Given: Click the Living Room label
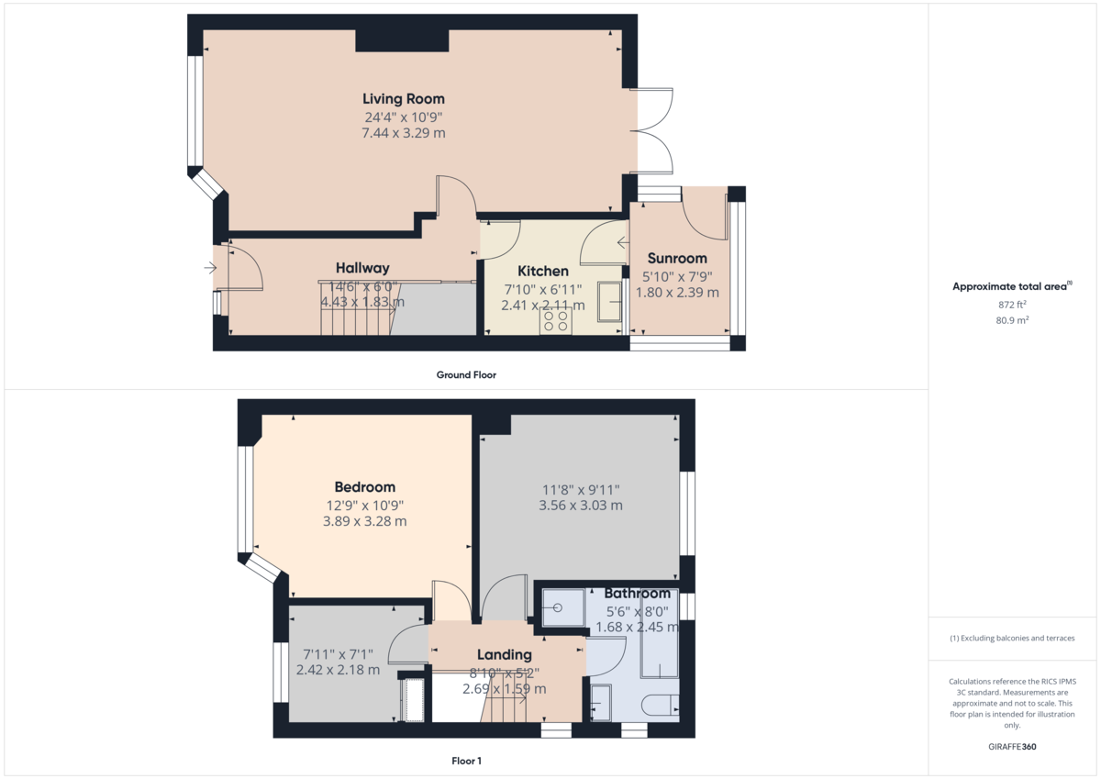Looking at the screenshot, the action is coord(404,99).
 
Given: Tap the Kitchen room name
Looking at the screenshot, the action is coord(543,271).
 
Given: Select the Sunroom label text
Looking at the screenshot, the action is coord(677,258).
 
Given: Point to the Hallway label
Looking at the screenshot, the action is coord(362,268).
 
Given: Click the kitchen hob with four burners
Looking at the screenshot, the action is coord(555,320).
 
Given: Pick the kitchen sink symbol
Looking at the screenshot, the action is coord(609,302).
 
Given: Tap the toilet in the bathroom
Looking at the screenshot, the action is coord(660,705).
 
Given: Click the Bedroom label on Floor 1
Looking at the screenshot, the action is coord(365,487).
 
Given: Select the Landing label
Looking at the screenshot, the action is coord(505,654).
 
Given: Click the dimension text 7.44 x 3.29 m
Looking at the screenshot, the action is coord(404,133).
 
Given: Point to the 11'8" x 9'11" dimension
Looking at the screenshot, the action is coord(581,490).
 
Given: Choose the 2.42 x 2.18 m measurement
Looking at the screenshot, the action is coord(338,670).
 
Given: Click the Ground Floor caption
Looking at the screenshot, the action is coord(466,374).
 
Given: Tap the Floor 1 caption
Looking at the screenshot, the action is coord(466,761).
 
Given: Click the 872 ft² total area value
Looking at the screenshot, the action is coord(1012,305).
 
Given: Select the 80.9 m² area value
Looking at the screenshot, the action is coord(1012,320).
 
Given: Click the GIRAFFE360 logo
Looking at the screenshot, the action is coord(1012,747).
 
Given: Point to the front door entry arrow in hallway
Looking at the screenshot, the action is coord(210,268).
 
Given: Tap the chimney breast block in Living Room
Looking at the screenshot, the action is coord(402,40).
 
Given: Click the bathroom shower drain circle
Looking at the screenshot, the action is coord(558,608).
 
